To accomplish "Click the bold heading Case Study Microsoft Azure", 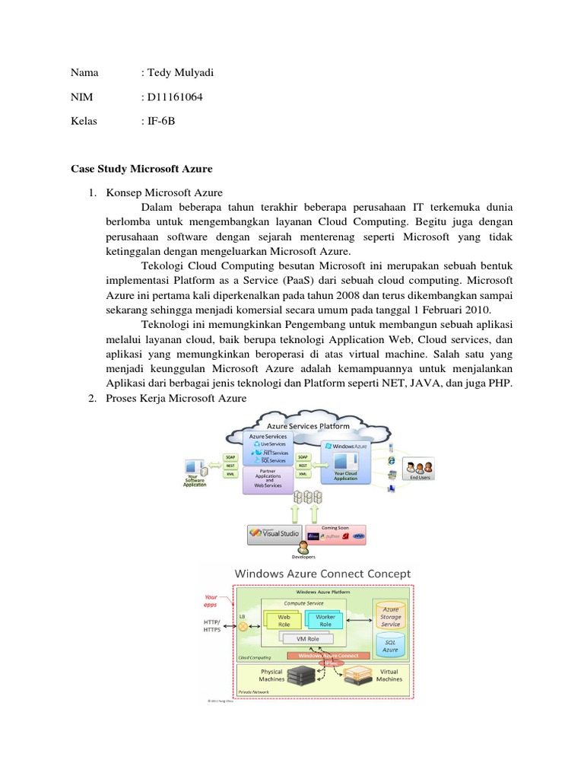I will [x=141, y=168].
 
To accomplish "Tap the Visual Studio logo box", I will [x=275, y=534].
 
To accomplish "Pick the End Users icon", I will [x=418, y=469].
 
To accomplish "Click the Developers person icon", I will [x=303, y=548].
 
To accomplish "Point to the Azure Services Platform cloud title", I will [x=307, y=427].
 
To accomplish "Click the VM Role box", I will [x=304, y=639].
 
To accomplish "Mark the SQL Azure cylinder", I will [x=389, y=645].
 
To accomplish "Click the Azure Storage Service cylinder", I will [x=390, y=616].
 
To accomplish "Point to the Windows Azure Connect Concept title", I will [x=322, y=574].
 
